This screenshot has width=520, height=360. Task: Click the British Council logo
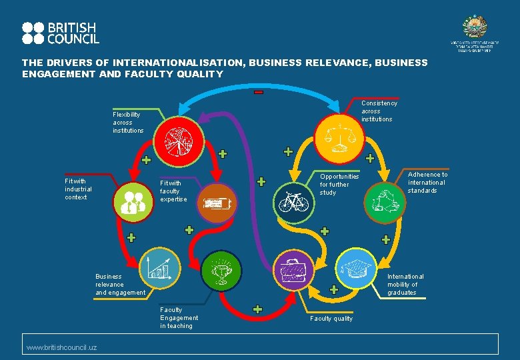coord(60,33)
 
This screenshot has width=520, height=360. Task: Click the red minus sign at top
coord(259,92)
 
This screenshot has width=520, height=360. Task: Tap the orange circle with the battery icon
coord(217,203)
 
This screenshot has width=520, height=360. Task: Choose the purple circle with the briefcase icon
coord(293,269)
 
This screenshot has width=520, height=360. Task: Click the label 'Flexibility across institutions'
coord(128,123)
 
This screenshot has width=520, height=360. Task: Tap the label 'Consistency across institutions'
coord(379,111)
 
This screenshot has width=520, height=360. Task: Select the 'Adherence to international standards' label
coord(427,183)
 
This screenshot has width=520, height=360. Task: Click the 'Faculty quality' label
coord(331,319)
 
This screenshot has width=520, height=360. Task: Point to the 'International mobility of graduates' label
coord(405,285)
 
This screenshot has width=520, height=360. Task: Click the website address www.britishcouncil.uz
coord(61,348)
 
